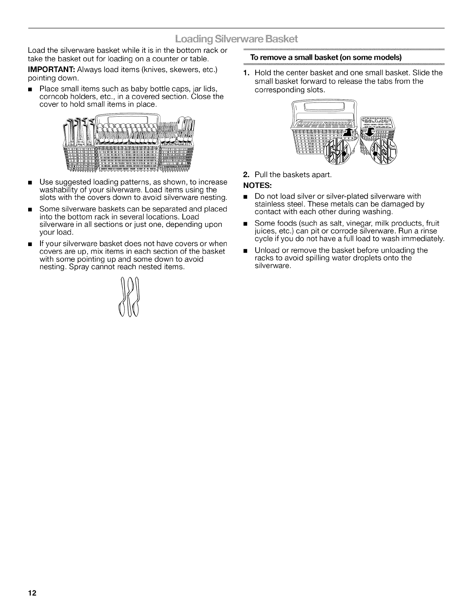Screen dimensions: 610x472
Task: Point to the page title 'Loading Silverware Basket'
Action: (236, 39)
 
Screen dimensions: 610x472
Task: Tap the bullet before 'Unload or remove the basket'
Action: (244, 251)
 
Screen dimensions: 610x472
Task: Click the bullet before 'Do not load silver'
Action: (244, 197)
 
